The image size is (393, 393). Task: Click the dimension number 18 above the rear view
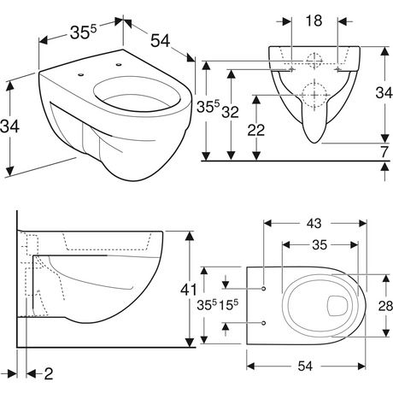pyautogui.click(x=314, y=21)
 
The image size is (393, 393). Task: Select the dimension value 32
pyautogui.click(x=230, y=112)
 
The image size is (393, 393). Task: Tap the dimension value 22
pyautogui.click(x=256, y=130)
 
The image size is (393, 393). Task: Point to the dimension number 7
pyautogui.click(x=384, y=152)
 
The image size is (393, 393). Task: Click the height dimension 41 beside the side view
pyautogui.click(x=189, y=290)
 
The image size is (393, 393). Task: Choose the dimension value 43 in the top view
pyautogui.click(x=314, y=223)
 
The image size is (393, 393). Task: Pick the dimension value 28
pyautogui.click(x=385, y=306)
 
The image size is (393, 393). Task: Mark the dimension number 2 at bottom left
pyautogui.click(x=49, y=373)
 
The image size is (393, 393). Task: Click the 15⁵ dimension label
pyautogui.click(x=228, y=305)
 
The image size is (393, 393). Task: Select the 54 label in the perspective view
pyautogui.click(x=160, y=40)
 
